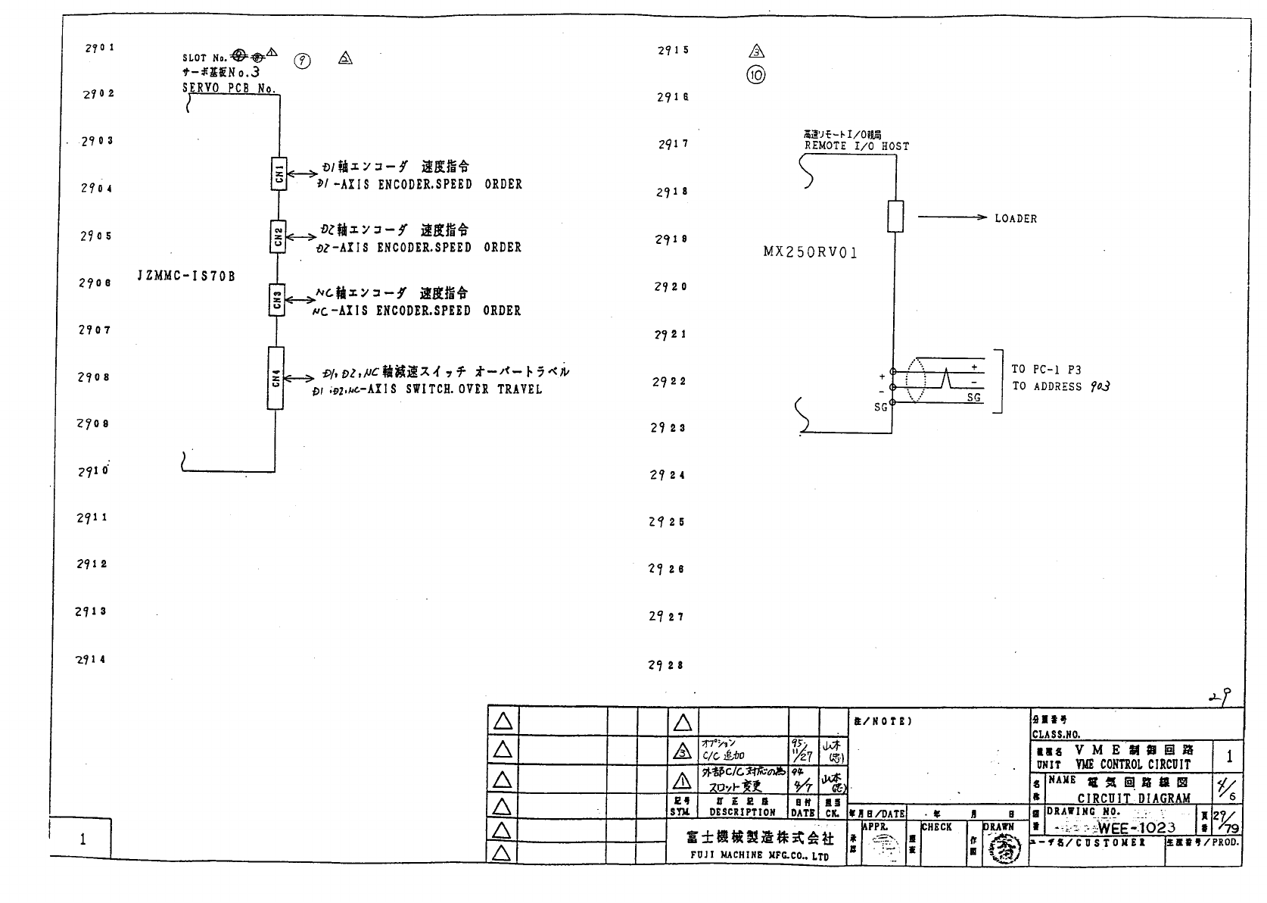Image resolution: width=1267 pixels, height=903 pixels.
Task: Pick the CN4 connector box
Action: pos(276,378)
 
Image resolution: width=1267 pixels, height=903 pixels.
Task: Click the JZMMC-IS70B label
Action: pos(186,277)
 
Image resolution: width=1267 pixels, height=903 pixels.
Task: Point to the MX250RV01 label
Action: pos(810,253)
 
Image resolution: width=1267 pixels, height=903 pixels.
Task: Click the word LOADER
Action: pos(1016,219)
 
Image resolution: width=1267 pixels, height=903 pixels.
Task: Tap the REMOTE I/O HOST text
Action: pos(857,146)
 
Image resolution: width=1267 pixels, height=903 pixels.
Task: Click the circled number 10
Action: pos(756,75)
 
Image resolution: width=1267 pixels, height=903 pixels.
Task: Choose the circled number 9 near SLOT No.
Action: pos(302,62)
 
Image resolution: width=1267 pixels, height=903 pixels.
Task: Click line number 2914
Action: pos(91,659)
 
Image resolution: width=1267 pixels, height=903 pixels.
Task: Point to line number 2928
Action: pos(666,665)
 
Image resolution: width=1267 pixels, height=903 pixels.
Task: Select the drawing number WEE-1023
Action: pos(1137,827)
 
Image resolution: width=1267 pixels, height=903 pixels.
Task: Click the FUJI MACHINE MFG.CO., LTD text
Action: pos(759,856)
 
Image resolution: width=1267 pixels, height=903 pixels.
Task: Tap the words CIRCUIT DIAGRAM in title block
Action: pos(1134,798)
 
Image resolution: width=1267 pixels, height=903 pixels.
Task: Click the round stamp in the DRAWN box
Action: pos(1004,848)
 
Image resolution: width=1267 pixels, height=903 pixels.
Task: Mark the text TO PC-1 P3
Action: pos(1047,370)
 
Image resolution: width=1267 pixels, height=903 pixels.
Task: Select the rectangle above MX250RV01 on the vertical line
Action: pos(895,217)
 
